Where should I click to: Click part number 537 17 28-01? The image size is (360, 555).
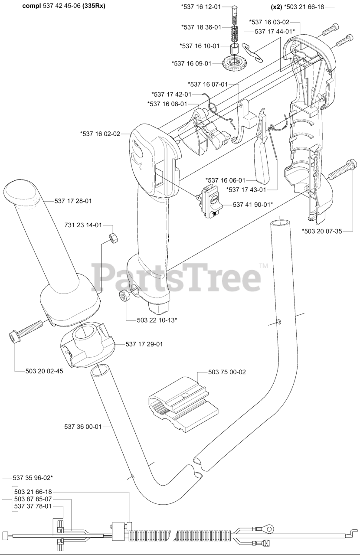pyautogui.click(x=73, y=201)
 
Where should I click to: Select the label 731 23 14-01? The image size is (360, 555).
pyautogui.click(x=83, y=225)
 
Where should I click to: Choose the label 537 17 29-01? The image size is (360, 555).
pyautogui.click(x=144, y=344)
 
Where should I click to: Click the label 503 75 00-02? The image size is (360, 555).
pyautogui.click(x=227, y=372)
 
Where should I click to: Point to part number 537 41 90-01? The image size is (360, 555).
pyautogui.click(x=253, y=204)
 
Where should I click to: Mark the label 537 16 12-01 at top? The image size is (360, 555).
pyautogui.click(x=201, y=7)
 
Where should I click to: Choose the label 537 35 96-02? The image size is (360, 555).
pyautogui.click(x=33, y=477)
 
